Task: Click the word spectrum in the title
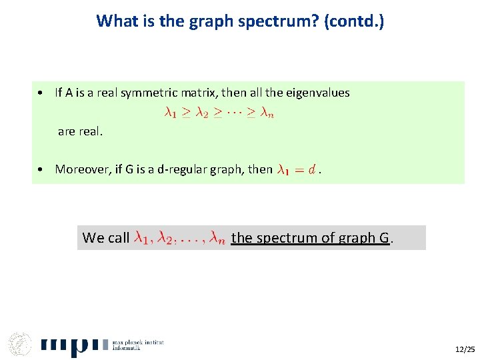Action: (x=259, y=21)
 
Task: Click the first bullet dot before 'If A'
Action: (x=41, y=93)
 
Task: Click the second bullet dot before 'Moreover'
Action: (x=41, y=169)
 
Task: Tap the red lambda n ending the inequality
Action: (x=267, y=113)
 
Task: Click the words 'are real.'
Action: (x=80, y=131)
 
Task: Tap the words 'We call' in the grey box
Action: (x=105, y=237)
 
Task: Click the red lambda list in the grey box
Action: (x=180, y=237)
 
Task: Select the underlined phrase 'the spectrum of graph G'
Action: (x=310, y=237)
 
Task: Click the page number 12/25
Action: (x=465, y=349)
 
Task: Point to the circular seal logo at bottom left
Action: (x=21, y=344)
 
